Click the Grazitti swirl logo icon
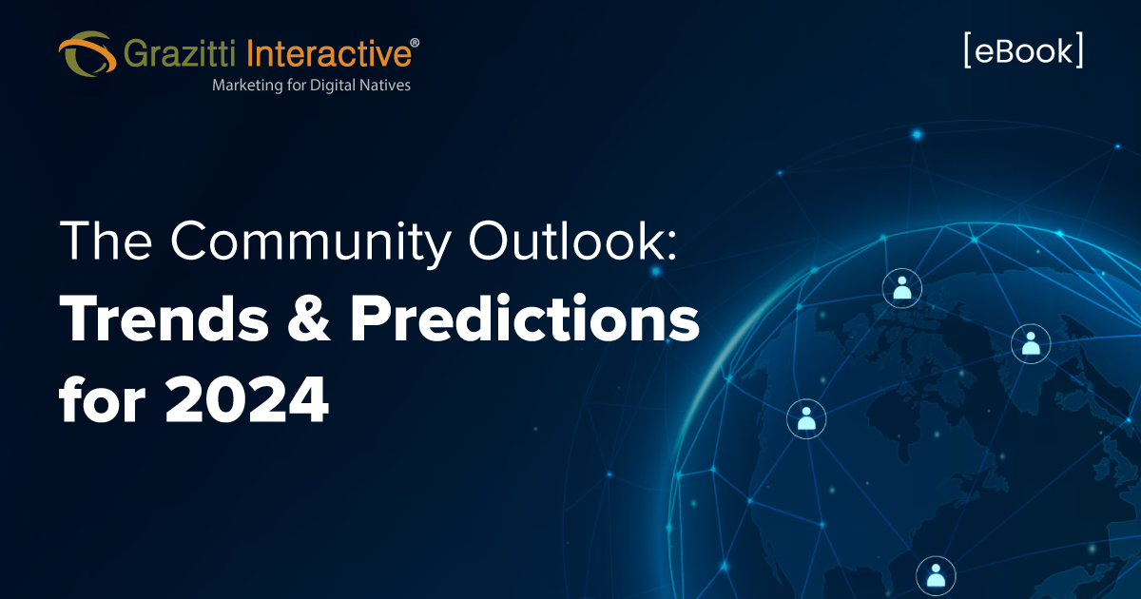87,54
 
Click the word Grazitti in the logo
180,53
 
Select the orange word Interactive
329,53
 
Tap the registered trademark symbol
415,43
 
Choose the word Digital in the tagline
332,85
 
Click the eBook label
1023,50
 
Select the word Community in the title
311,242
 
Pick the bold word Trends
164,319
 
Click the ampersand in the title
309,319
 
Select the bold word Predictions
525,319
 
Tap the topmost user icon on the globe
902,288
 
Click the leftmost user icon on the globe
806,418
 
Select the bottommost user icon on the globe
936,575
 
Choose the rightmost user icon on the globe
1031,344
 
